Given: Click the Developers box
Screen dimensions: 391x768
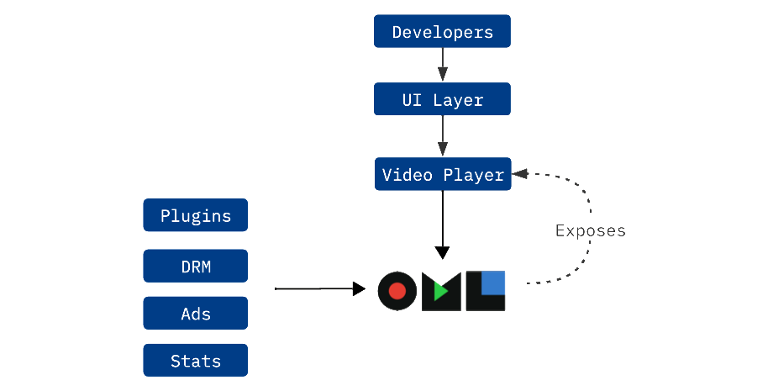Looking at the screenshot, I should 442,32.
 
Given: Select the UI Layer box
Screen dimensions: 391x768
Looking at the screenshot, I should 442,99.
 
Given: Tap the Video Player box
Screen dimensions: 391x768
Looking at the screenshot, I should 442,175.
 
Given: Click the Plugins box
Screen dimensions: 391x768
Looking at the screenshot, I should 195,215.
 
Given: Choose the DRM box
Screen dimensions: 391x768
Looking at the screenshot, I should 195,267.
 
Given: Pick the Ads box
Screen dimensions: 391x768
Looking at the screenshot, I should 195,313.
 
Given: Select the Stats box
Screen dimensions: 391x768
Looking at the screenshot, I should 195,360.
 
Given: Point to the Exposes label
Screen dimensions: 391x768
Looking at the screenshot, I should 590,230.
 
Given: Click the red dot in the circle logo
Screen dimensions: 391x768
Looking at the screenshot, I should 397,292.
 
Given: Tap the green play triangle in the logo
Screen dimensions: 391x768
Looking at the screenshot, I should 440,292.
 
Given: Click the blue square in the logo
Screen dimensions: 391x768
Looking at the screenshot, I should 492,284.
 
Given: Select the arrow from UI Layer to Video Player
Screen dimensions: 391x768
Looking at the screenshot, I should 442,135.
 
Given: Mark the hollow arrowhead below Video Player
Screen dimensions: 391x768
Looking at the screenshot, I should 442,252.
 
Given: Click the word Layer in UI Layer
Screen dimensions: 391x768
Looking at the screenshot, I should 458,99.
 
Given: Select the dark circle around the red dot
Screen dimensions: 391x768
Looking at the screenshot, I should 383,292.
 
